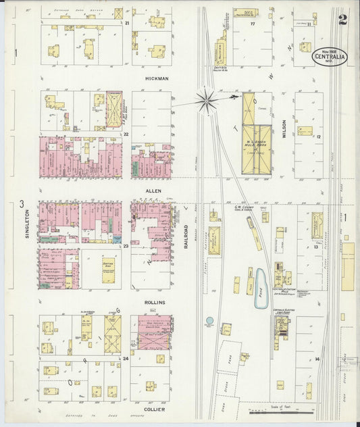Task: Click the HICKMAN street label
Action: click(157, 78)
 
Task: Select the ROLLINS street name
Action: click(155, 302)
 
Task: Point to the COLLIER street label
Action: click(154, 409)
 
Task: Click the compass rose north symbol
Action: click(206, 101)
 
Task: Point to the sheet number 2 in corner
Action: click(343, 19)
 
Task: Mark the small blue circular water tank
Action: click(209, 320)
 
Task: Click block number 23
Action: click(126, 247)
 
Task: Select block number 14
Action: click(317, 359)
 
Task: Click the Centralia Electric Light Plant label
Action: click(281, 312)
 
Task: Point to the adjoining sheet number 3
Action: click(22, 204)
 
